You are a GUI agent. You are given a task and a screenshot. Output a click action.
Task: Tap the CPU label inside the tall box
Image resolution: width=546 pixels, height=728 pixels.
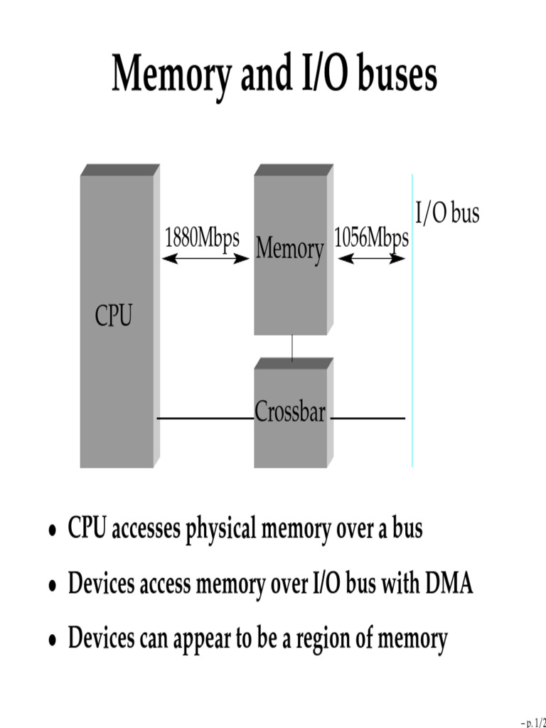click(114, 315)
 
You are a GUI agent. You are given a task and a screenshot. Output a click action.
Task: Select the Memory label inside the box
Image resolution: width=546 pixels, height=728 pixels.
click(290, 250)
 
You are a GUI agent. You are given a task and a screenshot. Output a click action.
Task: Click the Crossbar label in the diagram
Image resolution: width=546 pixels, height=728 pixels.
click(290, 412)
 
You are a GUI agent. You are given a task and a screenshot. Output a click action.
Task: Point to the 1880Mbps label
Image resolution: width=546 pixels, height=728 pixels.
click(202, 237)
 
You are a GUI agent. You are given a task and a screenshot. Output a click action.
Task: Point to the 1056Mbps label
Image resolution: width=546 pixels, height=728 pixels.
click(371, 237)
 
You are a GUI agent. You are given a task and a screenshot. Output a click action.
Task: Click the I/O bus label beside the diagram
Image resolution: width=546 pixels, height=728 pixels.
click(447, 213)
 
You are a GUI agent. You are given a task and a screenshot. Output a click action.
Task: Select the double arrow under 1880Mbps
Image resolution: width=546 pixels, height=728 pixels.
click(205, 259)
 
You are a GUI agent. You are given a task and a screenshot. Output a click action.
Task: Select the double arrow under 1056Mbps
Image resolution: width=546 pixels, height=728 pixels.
click(371, 259)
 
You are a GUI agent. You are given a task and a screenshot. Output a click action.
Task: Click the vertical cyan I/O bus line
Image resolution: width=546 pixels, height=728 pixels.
click(412, 320)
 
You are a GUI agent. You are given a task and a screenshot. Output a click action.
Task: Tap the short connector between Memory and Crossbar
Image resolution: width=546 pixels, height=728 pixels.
click(292, 347)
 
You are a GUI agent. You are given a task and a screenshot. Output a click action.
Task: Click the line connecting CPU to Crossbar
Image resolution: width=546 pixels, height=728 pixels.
click(205, 418)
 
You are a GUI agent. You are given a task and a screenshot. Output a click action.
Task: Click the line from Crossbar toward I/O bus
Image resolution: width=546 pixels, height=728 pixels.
click(368, 418)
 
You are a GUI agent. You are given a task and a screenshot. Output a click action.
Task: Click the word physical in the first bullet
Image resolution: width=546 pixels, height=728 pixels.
click(222, 530)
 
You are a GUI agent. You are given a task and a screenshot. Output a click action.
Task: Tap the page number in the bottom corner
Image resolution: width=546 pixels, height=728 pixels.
click(533, 722)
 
